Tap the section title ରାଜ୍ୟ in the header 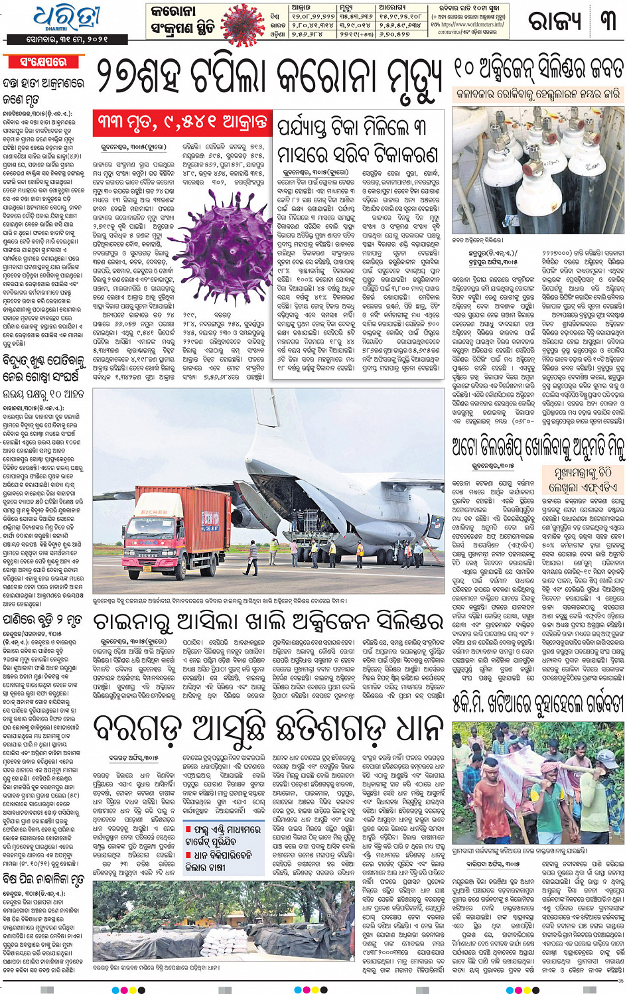point(555,22)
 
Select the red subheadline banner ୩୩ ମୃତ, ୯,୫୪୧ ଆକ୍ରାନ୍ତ point(182,122)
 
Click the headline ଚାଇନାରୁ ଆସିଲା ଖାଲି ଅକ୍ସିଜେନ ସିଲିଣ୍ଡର point(268,621)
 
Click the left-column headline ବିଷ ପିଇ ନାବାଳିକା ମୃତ point(44,880)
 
